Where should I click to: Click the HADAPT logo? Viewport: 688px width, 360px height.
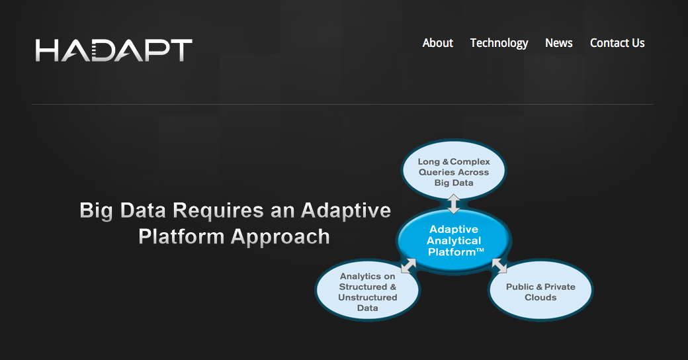(114, 50)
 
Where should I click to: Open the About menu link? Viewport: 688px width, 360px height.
(437, 43)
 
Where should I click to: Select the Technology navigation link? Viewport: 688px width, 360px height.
(499, 44)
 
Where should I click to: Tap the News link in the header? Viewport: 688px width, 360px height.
(558, 43)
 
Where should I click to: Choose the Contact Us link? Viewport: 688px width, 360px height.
(617, 43)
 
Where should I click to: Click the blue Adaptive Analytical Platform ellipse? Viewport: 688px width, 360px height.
(454, 241)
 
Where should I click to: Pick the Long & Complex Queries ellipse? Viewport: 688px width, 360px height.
(454, 170)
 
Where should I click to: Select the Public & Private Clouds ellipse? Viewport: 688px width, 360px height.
(540, 291)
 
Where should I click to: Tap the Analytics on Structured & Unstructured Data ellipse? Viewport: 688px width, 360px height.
(368, 291)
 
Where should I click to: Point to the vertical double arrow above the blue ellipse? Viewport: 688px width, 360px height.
(454, 204)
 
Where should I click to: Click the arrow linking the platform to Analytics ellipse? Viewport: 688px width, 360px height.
(409, 265)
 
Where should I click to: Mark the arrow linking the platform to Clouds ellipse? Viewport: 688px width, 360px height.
(499, 265)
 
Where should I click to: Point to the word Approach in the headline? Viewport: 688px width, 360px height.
(280, 237)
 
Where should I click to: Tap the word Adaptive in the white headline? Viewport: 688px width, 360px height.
(346, 210)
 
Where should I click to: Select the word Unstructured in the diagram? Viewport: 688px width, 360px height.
(368, 297)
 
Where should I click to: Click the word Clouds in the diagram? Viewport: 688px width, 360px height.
(540, 297)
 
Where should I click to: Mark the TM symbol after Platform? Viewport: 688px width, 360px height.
(480, 249)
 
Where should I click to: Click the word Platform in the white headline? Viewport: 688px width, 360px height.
(182, 237)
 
